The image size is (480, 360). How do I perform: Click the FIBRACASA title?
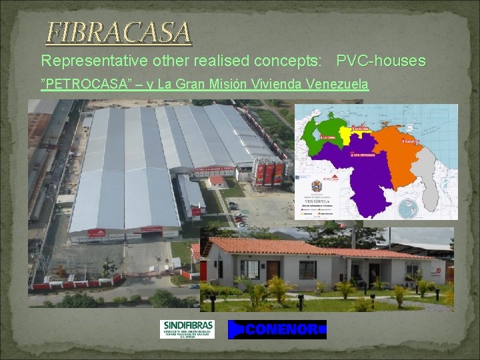pyautogui.click(x=119, y=32)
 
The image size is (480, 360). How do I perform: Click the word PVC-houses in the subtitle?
pyautogui.click(x=381, y=61)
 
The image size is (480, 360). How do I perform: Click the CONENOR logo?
pyautogui.click(x=277, y=329)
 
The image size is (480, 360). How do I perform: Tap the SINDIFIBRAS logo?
pyautogui.click(x=187, y=329)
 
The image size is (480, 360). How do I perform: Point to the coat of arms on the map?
pyautogui.click(x=316, y=185)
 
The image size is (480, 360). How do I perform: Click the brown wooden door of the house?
pyautogui.click(x=273, y=270)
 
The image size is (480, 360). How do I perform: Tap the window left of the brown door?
pyautogui.click(x=249, y=269)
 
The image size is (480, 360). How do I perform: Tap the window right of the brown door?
pyautogui.click(x=307, y=269)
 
